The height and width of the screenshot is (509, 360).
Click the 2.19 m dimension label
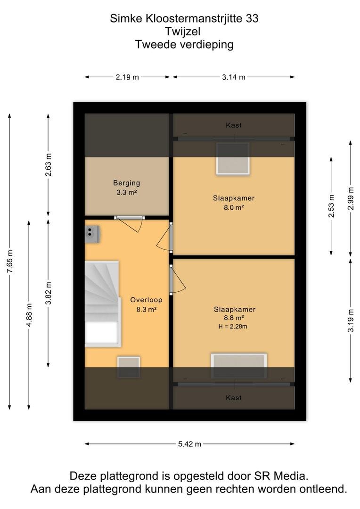pos(127,77)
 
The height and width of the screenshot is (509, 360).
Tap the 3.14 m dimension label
pos(234,77)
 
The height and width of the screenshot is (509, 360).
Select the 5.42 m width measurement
pos(189,444)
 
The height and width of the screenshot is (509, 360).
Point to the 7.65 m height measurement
pos(10,262)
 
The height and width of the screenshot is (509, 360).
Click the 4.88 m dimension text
pos(29,315)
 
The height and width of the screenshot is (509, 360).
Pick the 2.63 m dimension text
pos(49,164)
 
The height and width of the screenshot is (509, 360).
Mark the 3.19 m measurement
pos(351,320)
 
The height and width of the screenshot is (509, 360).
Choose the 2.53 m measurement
pos(331,206)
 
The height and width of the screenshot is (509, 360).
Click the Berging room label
pos(127,183)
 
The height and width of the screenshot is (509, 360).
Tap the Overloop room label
pos(146,300)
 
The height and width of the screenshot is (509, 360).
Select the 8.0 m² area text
pos(234,207)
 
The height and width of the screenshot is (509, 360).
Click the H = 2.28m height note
pos(233,327)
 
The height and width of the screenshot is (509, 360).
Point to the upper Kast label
pos(234,125)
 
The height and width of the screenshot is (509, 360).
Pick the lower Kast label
pos(234,398)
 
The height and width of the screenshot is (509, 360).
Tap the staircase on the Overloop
pos(103,304)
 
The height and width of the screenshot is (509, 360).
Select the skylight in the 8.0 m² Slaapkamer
pos(233,159)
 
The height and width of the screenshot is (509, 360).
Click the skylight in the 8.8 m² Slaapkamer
pos(239,366)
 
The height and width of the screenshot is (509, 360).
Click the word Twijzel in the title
pos(183,32)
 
